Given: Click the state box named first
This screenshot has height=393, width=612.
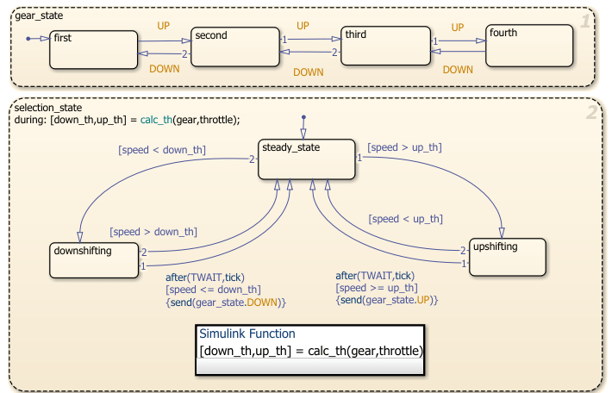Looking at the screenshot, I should click(93, 49).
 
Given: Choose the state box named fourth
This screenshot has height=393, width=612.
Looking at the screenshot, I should click(529, 45).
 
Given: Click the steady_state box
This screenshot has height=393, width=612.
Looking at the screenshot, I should click(307, 159).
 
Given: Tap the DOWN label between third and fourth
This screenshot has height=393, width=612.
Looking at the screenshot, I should click(458, 69).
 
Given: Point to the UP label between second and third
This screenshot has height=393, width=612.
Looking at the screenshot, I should click(303, 26).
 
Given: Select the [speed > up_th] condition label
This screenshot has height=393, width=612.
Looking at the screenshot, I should click(404, 147).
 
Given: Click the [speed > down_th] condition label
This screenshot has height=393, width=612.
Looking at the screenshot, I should click(153, 231).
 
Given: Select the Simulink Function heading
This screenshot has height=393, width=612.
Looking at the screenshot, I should click(247, 334).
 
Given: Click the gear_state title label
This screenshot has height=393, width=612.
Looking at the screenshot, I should click(40, 16).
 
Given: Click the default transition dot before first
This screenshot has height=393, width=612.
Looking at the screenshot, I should click(28, 39).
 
